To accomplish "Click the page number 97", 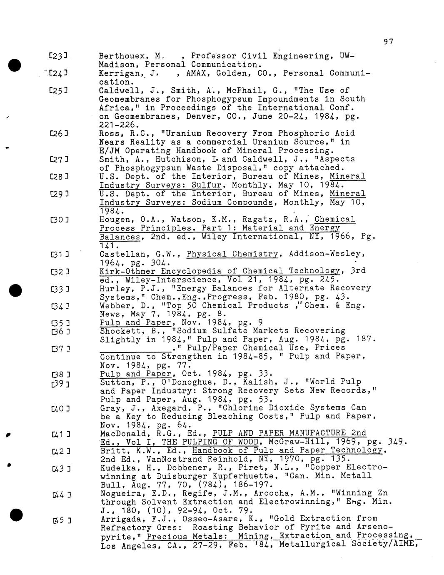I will (x=388, y=41).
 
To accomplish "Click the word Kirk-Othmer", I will (x=126, y=271).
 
